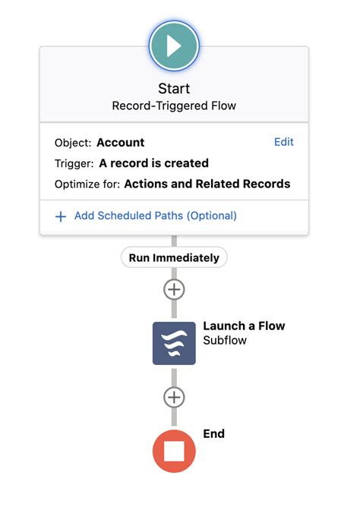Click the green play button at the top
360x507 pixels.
(x=174, y=46)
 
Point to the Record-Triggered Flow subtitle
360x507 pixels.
(x=174, y=105)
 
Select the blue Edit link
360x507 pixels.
(x=283, y=142)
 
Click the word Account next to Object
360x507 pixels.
(x=120, y=143)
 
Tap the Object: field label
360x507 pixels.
(x=72, y=143)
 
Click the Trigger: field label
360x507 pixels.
(x=74, y=163)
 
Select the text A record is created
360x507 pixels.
(x=153, y=163)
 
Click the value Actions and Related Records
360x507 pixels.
(x=207, y=184)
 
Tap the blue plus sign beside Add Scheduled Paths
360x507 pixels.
(x=61, y=216)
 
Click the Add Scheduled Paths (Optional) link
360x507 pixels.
(x=155, y=216)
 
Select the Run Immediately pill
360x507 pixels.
(x=174, y=258)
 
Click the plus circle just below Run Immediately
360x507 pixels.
(x=174, y=289)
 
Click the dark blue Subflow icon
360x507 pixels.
(x=174, y=343)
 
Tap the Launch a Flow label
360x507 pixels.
(x=244, y=326)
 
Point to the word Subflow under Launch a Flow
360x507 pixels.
(x=225, y=341)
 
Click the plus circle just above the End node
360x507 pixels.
(x=174, y=397)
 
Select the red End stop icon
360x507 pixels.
(x=174, y=452)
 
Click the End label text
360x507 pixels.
(x=213, y=434)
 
